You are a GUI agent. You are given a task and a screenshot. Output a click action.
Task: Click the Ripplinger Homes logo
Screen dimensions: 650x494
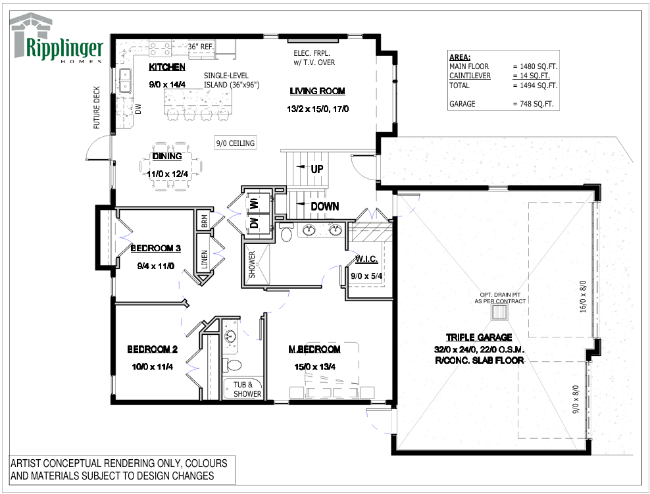[57, 38]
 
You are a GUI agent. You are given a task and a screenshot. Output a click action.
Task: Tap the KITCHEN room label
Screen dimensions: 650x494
[167, 67]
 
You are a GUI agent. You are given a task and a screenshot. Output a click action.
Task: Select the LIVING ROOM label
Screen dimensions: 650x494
[317, 91]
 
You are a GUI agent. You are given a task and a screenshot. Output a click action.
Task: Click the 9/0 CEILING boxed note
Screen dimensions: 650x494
[236, 143]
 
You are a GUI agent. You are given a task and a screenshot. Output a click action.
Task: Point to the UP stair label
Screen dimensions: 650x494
[317, 169]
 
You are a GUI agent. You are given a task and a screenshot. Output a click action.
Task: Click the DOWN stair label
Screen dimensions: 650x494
[324, 207]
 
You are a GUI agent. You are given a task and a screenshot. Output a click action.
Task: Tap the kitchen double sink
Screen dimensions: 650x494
[125, 80]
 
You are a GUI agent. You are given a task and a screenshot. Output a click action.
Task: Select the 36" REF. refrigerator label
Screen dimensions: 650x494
[201, 47]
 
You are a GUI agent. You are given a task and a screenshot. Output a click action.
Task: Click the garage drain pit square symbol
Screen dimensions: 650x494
[500, 312]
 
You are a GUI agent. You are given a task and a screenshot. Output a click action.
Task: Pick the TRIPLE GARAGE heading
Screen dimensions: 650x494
[479, 337]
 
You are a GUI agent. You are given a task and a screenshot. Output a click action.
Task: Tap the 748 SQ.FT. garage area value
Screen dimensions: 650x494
[537, 104]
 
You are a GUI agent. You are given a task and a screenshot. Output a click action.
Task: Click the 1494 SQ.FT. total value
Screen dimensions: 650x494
[539, 86]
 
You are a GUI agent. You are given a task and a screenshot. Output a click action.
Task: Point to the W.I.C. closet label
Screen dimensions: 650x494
[366, 259]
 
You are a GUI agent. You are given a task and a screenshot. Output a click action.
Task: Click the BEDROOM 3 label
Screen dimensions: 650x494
[155, 248]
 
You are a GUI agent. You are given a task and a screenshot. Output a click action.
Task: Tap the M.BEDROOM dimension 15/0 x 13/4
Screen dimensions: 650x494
[314, 367]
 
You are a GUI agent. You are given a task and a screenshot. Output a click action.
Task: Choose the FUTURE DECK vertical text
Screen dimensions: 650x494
[97, 108]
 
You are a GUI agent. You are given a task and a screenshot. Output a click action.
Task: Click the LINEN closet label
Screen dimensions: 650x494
[205, 259]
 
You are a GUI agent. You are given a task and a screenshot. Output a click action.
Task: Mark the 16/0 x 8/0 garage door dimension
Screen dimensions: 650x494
[583, 296]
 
